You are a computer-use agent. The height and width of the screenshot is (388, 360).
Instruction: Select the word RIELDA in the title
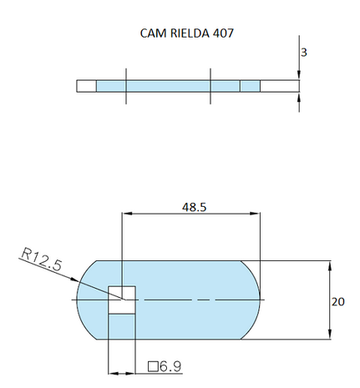185,35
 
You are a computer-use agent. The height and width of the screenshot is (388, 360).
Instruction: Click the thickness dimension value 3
304,52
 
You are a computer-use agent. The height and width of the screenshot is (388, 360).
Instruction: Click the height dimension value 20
337,302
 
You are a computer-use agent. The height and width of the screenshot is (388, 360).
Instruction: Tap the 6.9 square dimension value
170,365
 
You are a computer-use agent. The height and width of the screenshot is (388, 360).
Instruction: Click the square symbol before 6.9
152,365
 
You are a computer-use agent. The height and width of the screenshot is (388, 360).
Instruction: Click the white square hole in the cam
122,291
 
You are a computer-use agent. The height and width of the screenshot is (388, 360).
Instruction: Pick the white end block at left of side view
86,86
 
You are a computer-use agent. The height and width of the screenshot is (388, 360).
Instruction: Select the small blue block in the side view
250,86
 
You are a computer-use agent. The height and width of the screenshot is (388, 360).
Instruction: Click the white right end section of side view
280,86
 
